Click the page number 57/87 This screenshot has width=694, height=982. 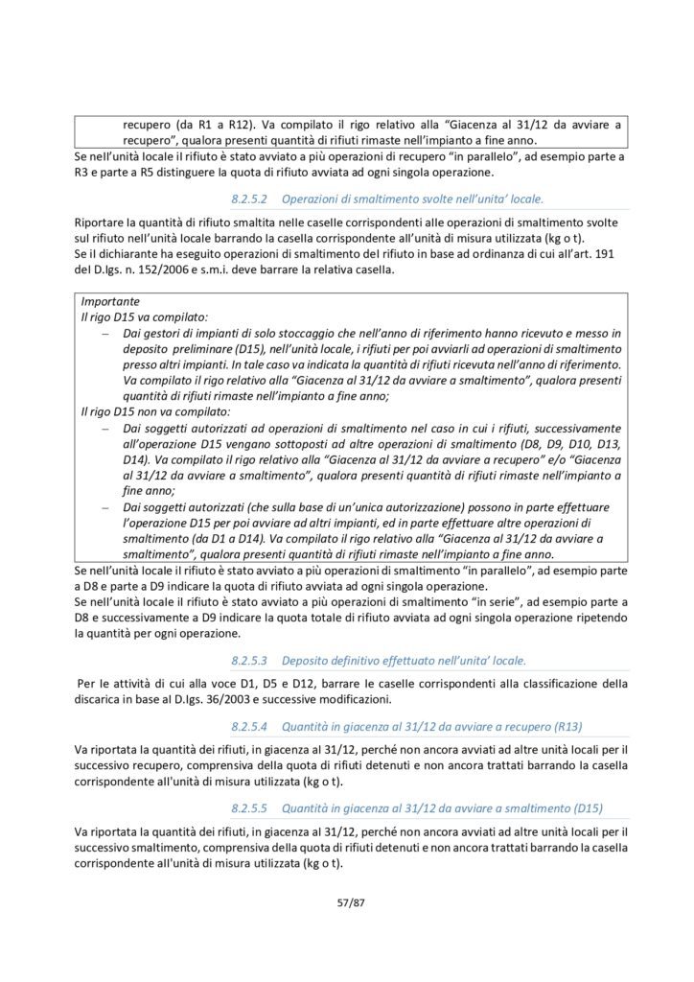(346, 902)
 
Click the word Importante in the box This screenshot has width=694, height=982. (109, 300)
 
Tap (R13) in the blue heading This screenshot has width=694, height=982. (566, 727)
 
